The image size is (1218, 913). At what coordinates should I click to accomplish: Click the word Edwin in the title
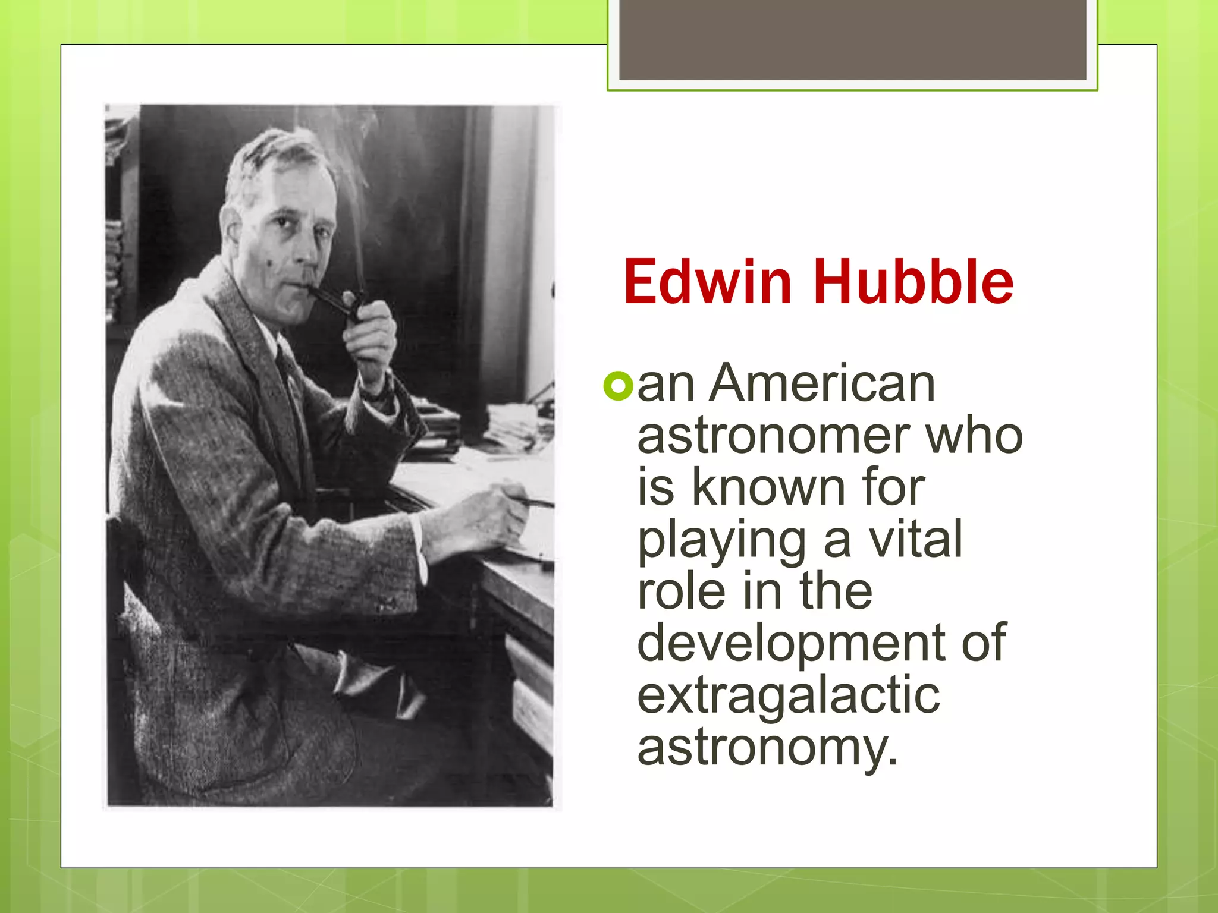[x=707, y=282]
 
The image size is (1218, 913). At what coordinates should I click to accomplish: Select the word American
[x=823, y=383]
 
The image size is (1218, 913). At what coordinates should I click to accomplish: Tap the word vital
[x=916, y=539]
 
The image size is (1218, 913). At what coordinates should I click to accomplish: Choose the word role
[x=682, y=591]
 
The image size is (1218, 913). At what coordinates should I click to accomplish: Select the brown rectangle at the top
[x=852, y=40]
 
